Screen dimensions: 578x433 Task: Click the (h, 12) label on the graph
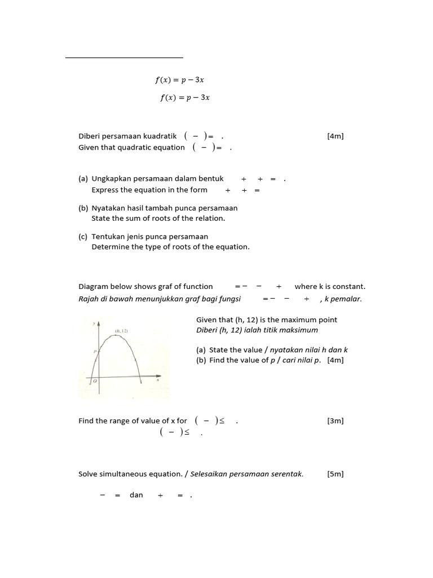121,331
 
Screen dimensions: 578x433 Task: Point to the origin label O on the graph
95,381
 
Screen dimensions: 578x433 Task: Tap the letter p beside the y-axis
95,351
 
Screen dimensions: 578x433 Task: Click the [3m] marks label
335,421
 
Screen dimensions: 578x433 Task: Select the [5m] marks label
335,474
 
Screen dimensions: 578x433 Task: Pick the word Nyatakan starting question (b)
108,208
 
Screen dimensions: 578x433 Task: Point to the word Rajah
89,299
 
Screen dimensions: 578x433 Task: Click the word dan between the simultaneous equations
136,495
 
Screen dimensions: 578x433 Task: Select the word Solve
89,474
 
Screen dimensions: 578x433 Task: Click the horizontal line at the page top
124,58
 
